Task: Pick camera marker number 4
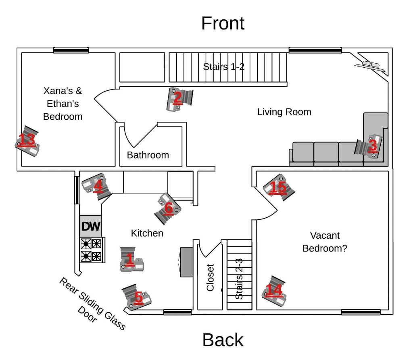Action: tap(97, 186)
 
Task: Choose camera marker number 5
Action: tap(138, 298)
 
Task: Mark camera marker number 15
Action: tap(278, 187)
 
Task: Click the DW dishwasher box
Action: tap(91, 227)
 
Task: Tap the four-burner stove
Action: tap(91, 250)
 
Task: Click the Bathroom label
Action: tap(148, 155)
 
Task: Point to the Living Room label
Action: tap(284, 112)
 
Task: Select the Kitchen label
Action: tap(147, 233)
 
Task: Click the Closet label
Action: tap(210, 277)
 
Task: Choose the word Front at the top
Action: tap(223, 23)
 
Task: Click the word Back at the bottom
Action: tap(223, 339)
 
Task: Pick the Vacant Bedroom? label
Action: tap(325, 241)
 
